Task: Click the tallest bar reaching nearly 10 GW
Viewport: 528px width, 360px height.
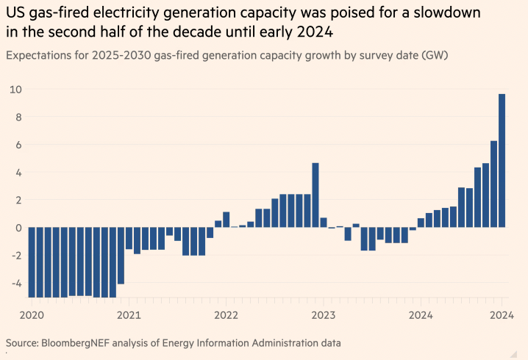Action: [x=502, y=160]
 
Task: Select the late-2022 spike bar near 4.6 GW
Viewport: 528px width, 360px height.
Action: [x=315, y=195]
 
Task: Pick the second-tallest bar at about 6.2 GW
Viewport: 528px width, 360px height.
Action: [x=493, y=184]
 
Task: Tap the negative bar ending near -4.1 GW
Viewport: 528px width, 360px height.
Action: [x=121, y=256]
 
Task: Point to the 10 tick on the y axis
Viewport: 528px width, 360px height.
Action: [x=15, y=90]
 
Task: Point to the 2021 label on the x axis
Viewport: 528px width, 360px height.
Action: [x=129, y=316]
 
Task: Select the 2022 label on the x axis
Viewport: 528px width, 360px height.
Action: [x=226, y=316]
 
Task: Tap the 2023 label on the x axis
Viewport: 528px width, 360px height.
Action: [x=323, y=316]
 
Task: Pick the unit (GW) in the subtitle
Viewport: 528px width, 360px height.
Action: [x=435, y=55]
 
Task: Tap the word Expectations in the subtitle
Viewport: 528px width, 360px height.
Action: [x=40, y=55]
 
